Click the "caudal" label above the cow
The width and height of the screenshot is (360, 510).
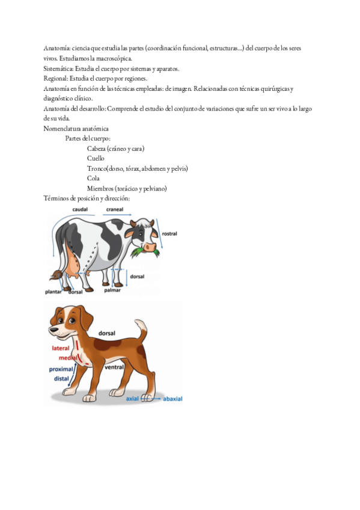pyautogui.click(x=80, y=209)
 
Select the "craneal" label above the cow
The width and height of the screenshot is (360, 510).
pyautogui.click(x=115, y=209)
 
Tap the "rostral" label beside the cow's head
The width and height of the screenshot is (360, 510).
pyautogui.click(x=169, y=233)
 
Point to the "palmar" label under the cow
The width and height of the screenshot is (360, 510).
pyautogui.click(x=112, y=290)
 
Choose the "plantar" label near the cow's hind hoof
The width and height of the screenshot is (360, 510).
pyautogui.click(x=53, y=292)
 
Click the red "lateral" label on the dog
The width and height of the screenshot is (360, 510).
pyautogui.click(x=61, y=348)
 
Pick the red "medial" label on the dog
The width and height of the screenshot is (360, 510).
pyautogui.click(x=68, y=358)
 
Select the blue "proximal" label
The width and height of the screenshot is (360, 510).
pyautogui.click(x=61, y=369)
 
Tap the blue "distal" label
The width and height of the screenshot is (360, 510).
pyautogui.click(x=61, y=379)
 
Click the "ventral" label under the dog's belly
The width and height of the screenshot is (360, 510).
pyautogui.click(x=114, y=367)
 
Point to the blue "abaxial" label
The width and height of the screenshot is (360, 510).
pyautogui.click(x=172, y=399)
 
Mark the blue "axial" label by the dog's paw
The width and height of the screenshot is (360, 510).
pyautogui.click(x=132, y=398)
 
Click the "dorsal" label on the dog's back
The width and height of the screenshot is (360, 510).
pyautogui.click(x=107, y=333)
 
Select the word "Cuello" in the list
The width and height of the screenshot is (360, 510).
pyautogui.click(x=96, y=158)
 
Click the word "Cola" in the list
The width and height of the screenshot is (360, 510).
pyautogui.click(x=93, y=178)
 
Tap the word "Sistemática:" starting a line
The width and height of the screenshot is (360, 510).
pyautogui.click(x=58, y=69)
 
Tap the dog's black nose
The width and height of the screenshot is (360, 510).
pyautogui.click(x=51, y=330)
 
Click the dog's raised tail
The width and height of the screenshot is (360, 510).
pyautogui.click(x=141, y=330)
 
